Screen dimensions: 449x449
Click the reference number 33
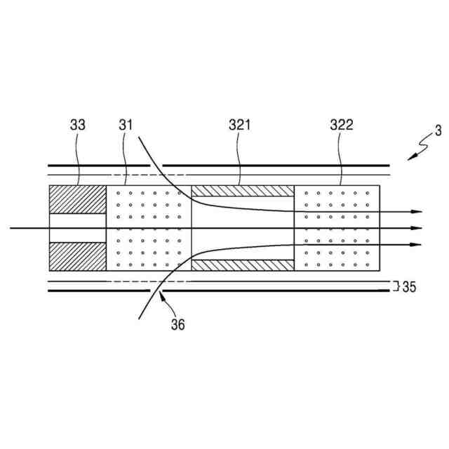coord(78,126)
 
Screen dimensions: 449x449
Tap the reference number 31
coord(126,126)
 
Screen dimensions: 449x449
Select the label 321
coord(239,126)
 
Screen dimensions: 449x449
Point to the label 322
coord(342,126)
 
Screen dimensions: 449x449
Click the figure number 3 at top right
coord(438,130)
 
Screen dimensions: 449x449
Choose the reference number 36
coord(177,325)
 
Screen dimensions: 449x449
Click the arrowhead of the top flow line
coord(419,212)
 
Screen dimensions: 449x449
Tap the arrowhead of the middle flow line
coord(419,228)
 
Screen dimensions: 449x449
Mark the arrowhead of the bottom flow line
coord(419,243)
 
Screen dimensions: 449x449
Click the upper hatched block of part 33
coord(77,200)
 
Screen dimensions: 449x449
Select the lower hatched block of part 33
coord(77,257)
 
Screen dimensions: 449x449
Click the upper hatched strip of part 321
coord(243,191)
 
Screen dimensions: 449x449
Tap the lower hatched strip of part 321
coord(243,266)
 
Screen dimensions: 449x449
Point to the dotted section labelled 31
coord(149,228)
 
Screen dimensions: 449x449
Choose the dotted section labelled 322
coord(337,228)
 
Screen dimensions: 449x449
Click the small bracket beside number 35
coord(396,286)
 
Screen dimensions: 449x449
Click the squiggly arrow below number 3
coord(418,149)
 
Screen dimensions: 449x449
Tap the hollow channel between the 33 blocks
coord(77,228)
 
